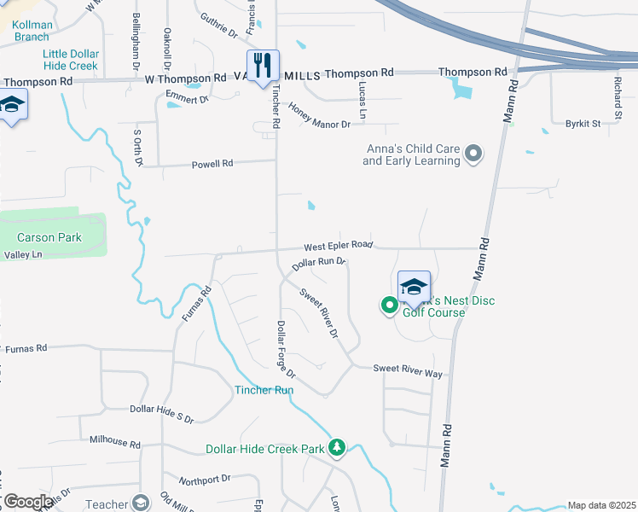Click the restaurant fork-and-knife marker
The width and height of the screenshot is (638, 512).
click(x=263, y=64)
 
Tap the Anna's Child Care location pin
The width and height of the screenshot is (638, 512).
click(x=473, y=154)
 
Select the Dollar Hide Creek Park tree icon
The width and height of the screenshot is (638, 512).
click(x=337, y=447)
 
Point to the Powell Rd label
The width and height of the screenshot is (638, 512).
click(x=212, y=164)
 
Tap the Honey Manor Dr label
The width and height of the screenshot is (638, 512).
click(x=320, y=116)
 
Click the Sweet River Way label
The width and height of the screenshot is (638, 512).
click(x=408, y=369)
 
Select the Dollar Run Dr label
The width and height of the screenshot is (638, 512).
click(x=318, y=264)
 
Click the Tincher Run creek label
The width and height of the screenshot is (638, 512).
click(x=264, y=390)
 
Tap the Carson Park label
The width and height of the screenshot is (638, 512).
click(x=49, y=237)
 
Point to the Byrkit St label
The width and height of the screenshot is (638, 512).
click(x=583, y=124)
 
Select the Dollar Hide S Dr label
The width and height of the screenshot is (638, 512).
click(x=162, y=413)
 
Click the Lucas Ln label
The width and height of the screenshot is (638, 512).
click(x=362, y=102)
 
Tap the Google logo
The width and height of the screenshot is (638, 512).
click(x=27, y=502)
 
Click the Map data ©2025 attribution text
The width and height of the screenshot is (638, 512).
click(x=601, y=505)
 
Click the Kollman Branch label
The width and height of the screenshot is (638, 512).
click(x=32, y=31)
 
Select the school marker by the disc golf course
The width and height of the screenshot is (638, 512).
click(x=414, y=288)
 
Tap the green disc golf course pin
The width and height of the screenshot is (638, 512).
click(x=389, y=304)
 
